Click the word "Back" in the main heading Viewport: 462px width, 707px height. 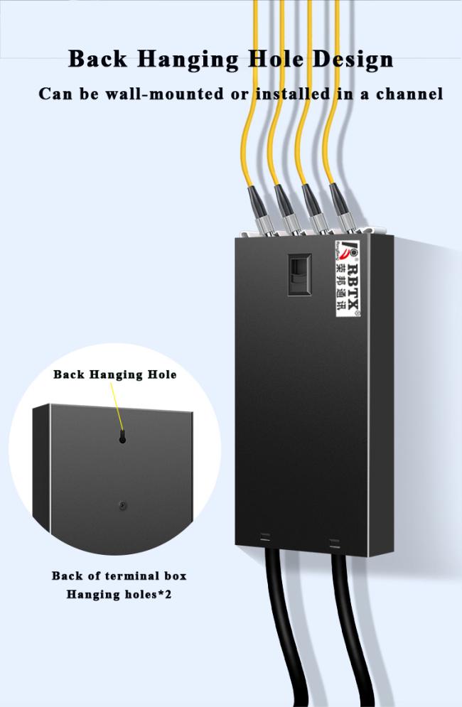click(97, 59)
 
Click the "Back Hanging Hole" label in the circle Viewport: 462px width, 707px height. click(115, 374)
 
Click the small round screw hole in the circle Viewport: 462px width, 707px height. click(122, 505)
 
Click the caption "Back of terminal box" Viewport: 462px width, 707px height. click(119, 576)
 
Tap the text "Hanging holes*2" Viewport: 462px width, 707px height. click(119, 594)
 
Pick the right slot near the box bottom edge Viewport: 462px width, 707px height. click(334, 544)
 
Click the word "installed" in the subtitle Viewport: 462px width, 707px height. click(291, 94)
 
